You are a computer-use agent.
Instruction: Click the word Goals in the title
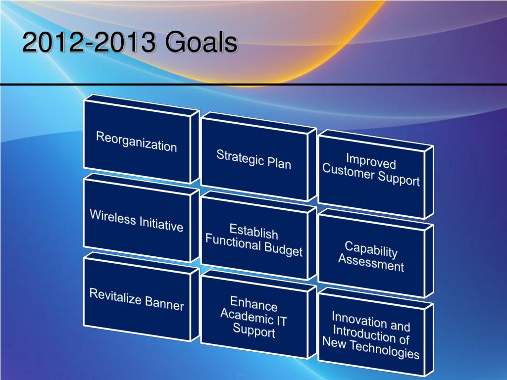[x=201, y=42]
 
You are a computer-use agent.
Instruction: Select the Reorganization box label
[x=137, y=142]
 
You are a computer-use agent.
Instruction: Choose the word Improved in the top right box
[x=371, y=161]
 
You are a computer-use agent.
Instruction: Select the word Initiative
[x=161, y=224]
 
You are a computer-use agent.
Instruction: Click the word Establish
[x=254, y=232]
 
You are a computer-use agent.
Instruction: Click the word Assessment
[x=371, y=262]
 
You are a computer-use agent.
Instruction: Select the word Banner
[x=164, y=303]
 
